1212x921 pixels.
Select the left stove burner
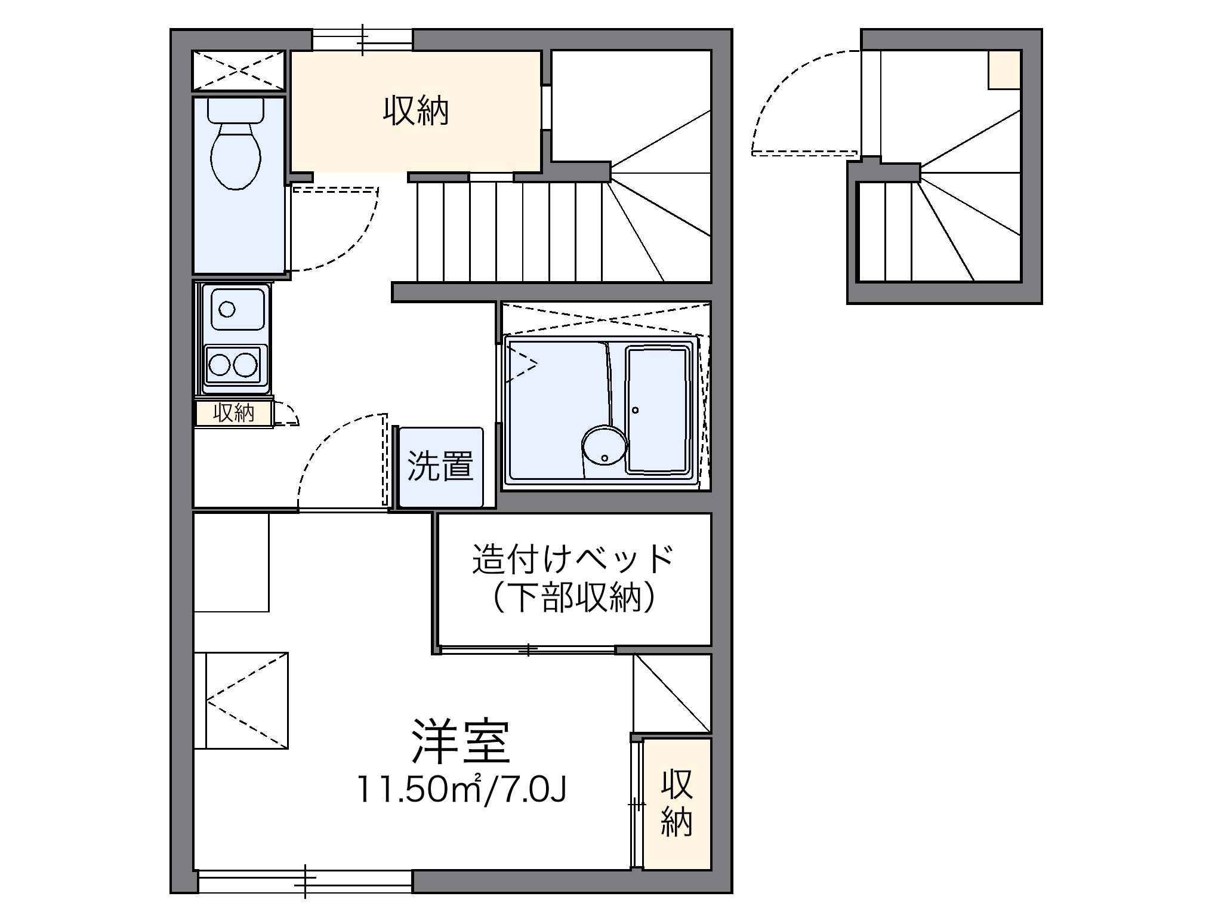tap(219, 364)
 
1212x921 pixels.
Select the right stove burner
tap(245, 364)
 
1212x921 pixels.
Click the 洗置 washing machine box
tap(440, 467)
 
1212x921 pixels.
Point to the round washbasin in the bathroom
tap(604, 445)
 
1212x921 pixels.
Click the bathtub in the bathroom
tap(656, 409)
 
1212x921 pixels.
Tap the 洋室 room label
tap(461, 742)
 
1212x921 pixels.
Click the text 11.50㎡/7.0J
tap(461, 789)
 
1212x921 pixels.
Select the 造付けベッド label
tap(573, 559)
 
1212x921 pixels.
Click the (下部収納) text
tap(573, 597)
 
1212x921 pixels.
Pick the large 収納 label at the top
tap(415, 111)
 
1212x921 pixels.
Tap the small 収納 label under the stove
tap(234, 412)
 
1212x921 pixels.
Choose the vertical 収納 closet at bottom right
tap(677, 803)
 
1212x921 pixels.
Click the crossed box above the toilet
tap(239, 70)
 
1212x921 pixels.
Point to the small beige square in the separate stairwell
tap(1004, 70)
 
